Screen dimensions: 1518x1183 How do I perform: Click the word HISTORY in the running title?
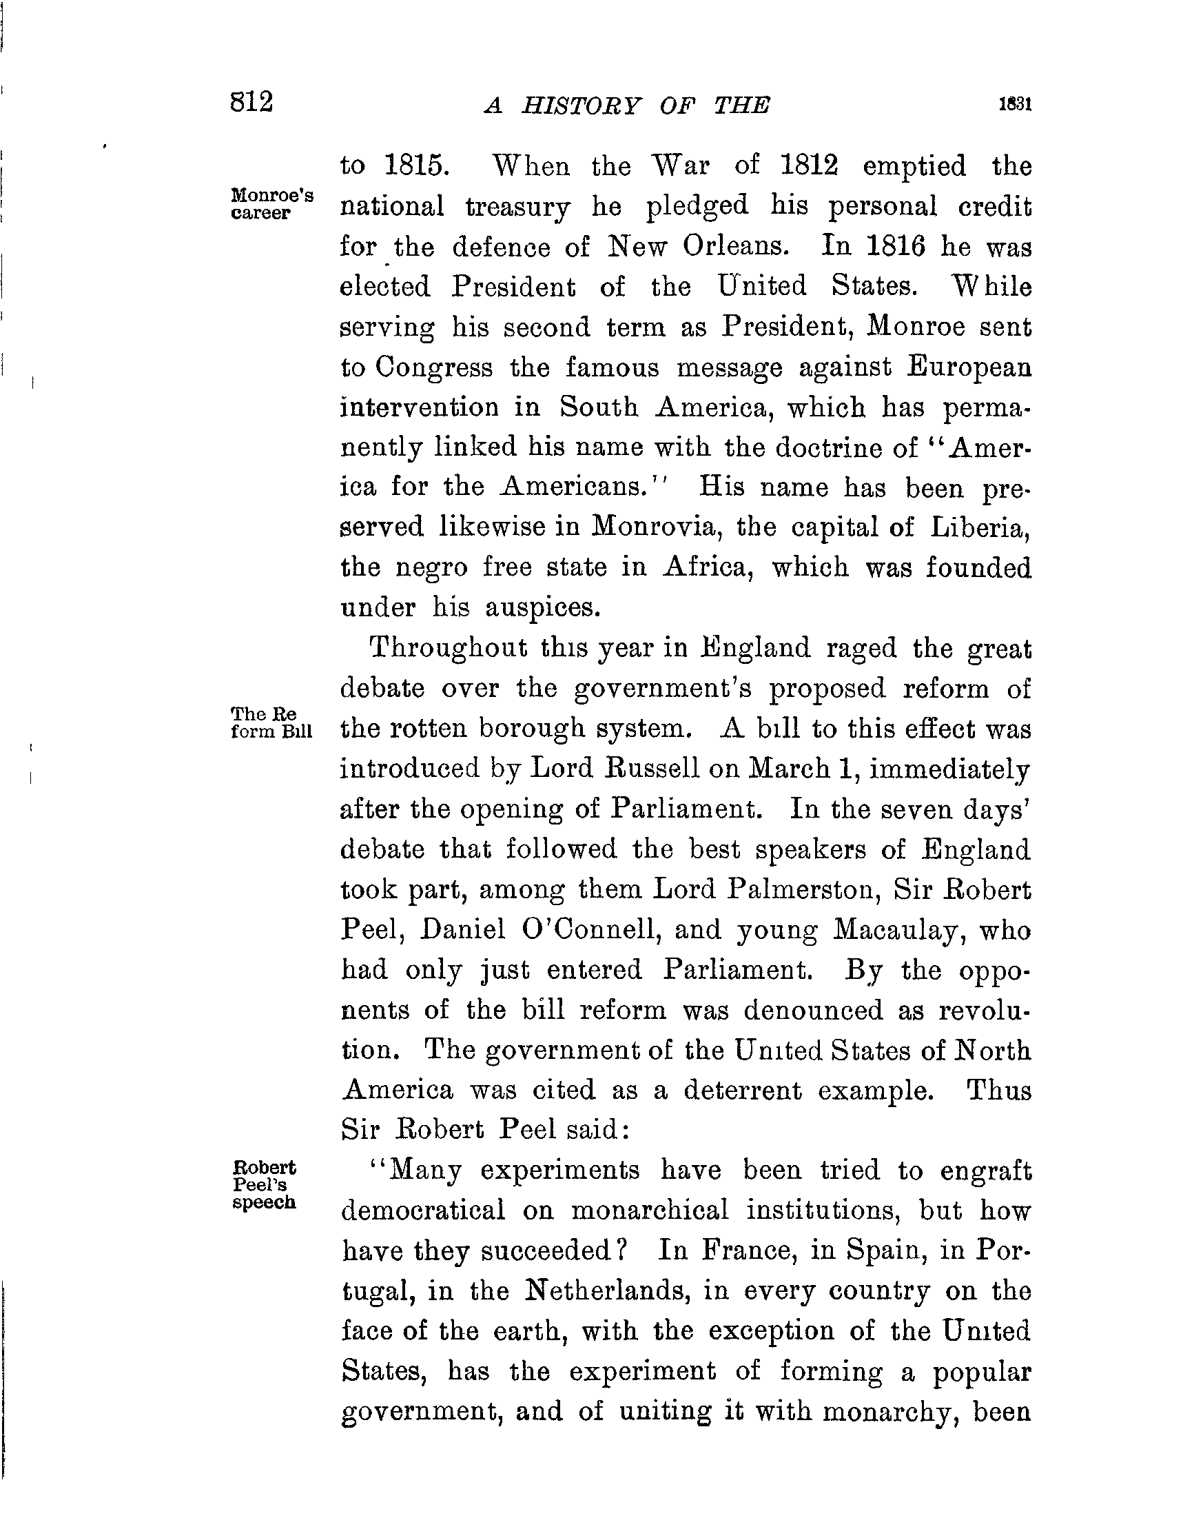pos(582,105)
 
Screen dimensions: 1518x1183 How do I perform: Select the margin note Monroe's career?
pos(271,203)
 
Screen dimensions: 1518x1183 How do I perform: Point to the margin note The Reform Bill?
pos(271,723)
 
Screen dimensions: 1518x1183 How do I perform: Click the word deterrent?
pos(742,1090)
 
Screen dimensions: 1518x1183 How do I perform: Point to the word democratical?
pos(424,1211)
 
